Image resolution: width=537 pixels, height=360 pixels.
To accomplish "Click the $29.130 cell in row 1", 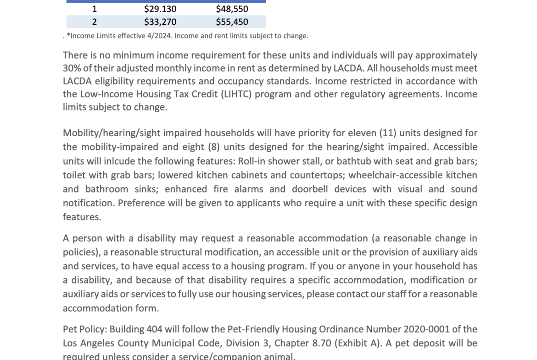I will coord(160,9).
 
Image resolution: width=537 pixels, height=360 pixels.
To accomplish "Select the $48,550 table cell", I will coord(232,9).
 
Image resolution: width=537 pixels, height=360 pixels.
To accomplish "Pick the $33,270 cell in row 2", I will coord(160,22).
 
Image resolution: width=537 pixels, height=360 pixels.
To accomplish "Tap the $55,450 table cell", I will coord(232,22).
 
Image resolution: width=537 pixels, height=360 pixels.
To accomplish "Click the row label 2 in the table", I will coord(95,22).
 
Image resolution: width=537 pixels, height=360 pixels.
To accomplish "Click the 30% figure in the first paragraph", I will coord(72,68).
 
